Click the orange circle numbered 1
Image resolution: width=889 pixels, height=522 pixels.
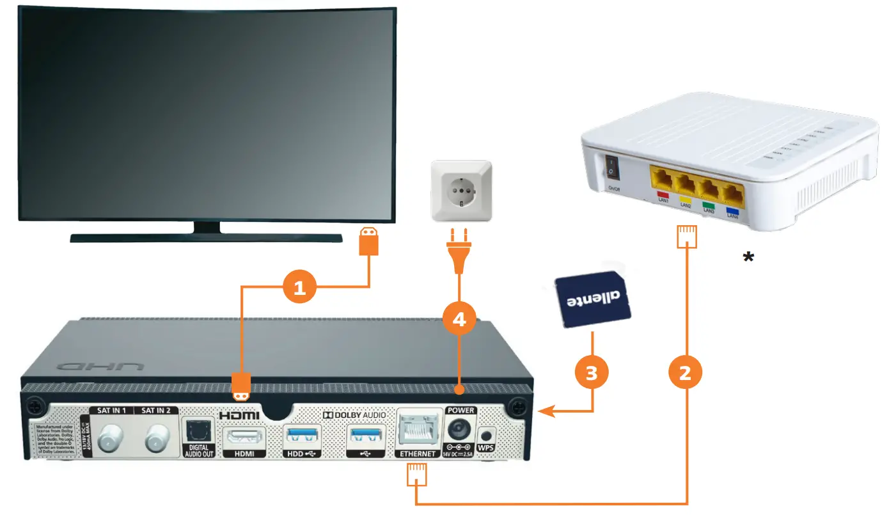coord(300,289)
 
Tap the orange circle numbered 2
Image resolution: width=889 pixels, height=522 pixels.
coord(685,372)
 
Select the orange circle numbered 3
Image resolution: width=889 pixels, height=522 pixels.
coord(592,372)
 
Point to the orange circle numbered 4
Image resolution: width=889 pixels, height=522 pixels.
coord(459,318)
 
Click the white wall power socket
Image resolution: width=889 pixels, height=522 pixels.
coord(460,191)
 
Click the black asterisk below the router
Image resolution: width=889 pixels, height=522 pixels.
coord(747,257)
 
